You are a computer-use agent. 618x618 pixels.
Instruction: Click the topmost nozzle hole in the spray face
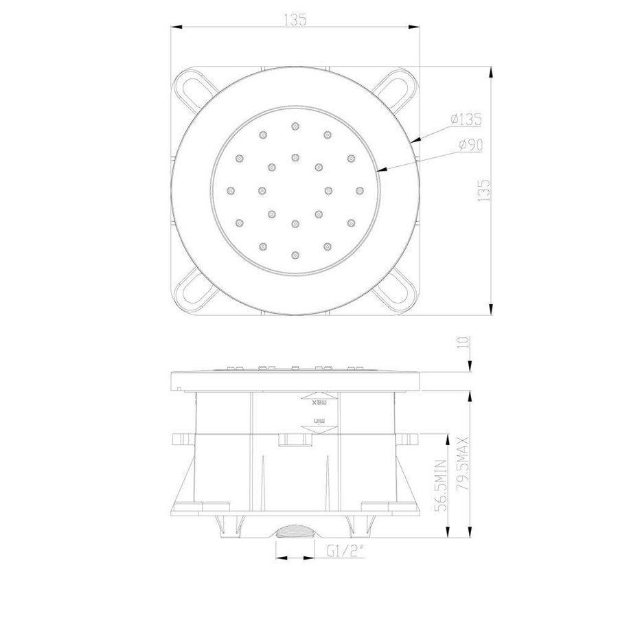click(295, 126)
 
